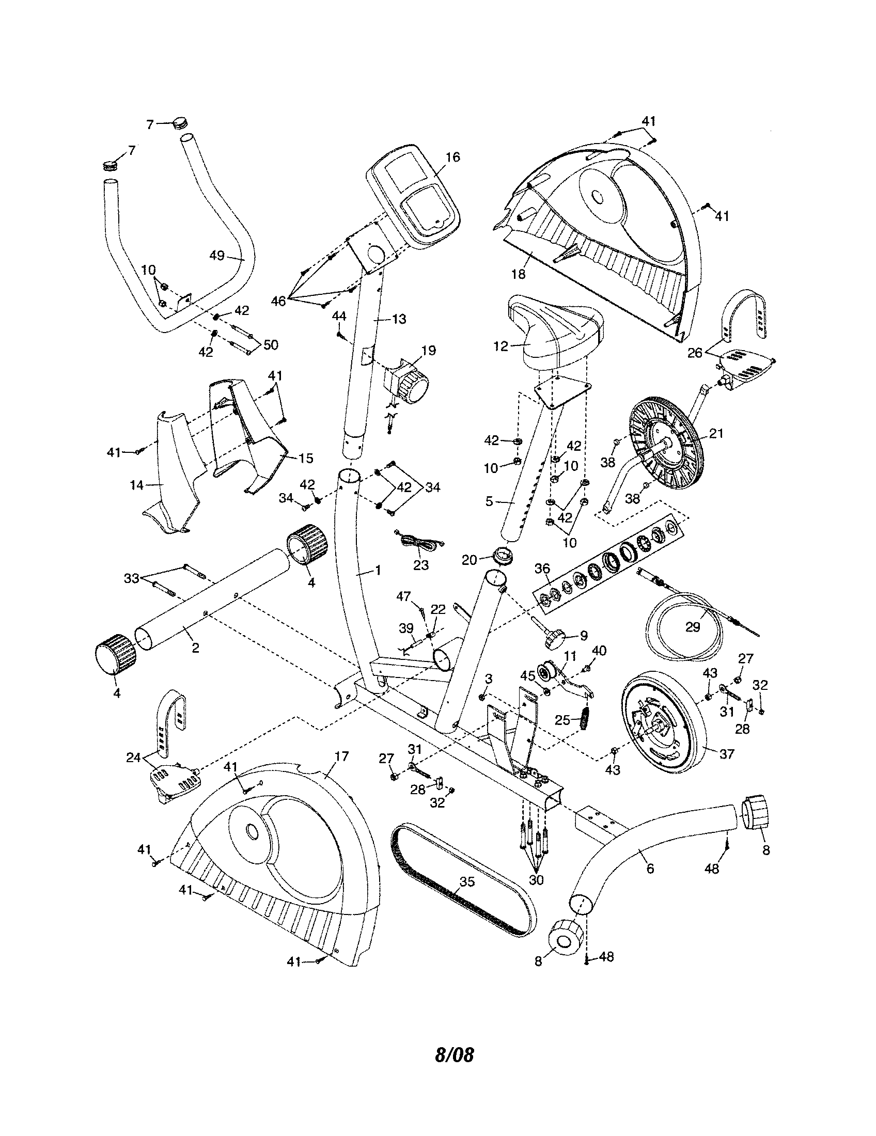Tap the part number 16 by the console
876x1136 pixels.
[453, 157]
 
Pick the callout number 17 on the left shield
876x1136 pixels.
[341, 756]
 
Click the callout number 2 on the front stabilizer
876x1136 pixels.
[195, 648]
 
